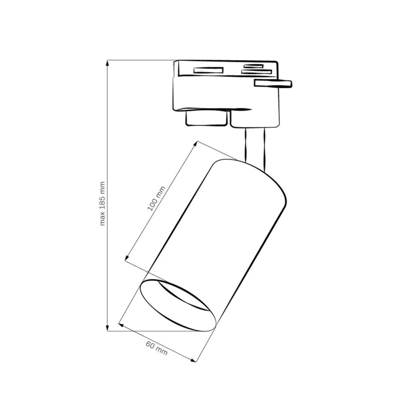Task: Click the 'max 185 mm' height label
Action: [102, 204]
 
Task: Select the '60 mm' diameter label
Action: [157, 348]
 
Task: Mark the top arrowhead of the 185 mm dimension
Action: [108, 62]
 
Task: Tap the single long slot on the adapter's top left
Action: [208, 70]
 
